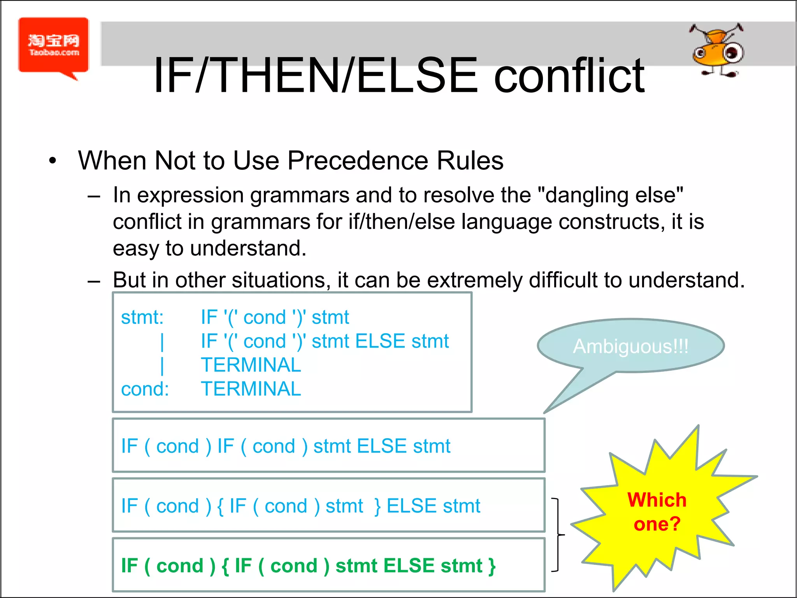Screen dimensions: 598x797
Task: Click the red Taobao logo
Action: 53,46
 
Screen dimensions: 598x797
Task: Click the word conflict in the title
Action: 569,76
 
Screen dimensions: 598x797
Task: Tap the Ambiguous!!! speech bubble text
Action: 630,346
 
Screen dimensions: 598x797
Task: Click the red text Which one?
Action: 657,512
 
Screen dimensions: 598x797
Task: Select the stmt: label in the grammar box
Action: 142,317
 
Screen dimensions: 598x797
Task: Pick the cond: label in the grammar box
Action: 145,389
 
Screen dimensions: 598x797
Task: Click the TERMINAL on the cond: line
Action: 251,389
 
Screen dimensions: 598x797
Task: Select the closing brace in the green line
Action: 492,566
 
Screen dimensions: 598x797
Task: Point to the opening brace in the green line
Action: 225,566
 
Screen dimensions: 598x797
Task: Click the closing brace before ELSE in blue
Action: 377,506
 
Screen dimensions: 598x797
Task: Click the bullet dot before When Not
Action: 53,161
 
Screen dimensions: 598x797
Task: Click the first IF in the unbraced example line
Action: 130,446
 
